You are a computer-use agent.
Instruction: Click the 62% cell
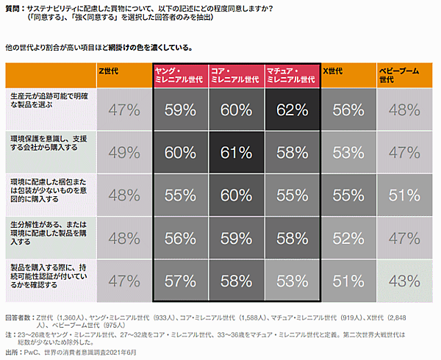pos(292,110)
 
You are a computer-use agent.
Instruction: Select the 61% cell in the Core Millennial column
pos(236,153)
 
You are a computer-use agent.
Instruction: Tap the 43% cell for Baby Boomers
pos(404,281)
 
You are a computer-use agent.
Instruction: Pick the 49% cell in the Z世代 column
pos(123,153)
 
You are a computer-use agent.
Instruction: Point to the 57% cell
pos(180,281)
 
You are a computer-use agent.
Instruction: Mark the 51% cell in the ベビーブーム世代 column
pos(404,195)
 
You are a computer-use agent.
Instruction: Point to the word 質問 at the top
pos(13,8)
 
